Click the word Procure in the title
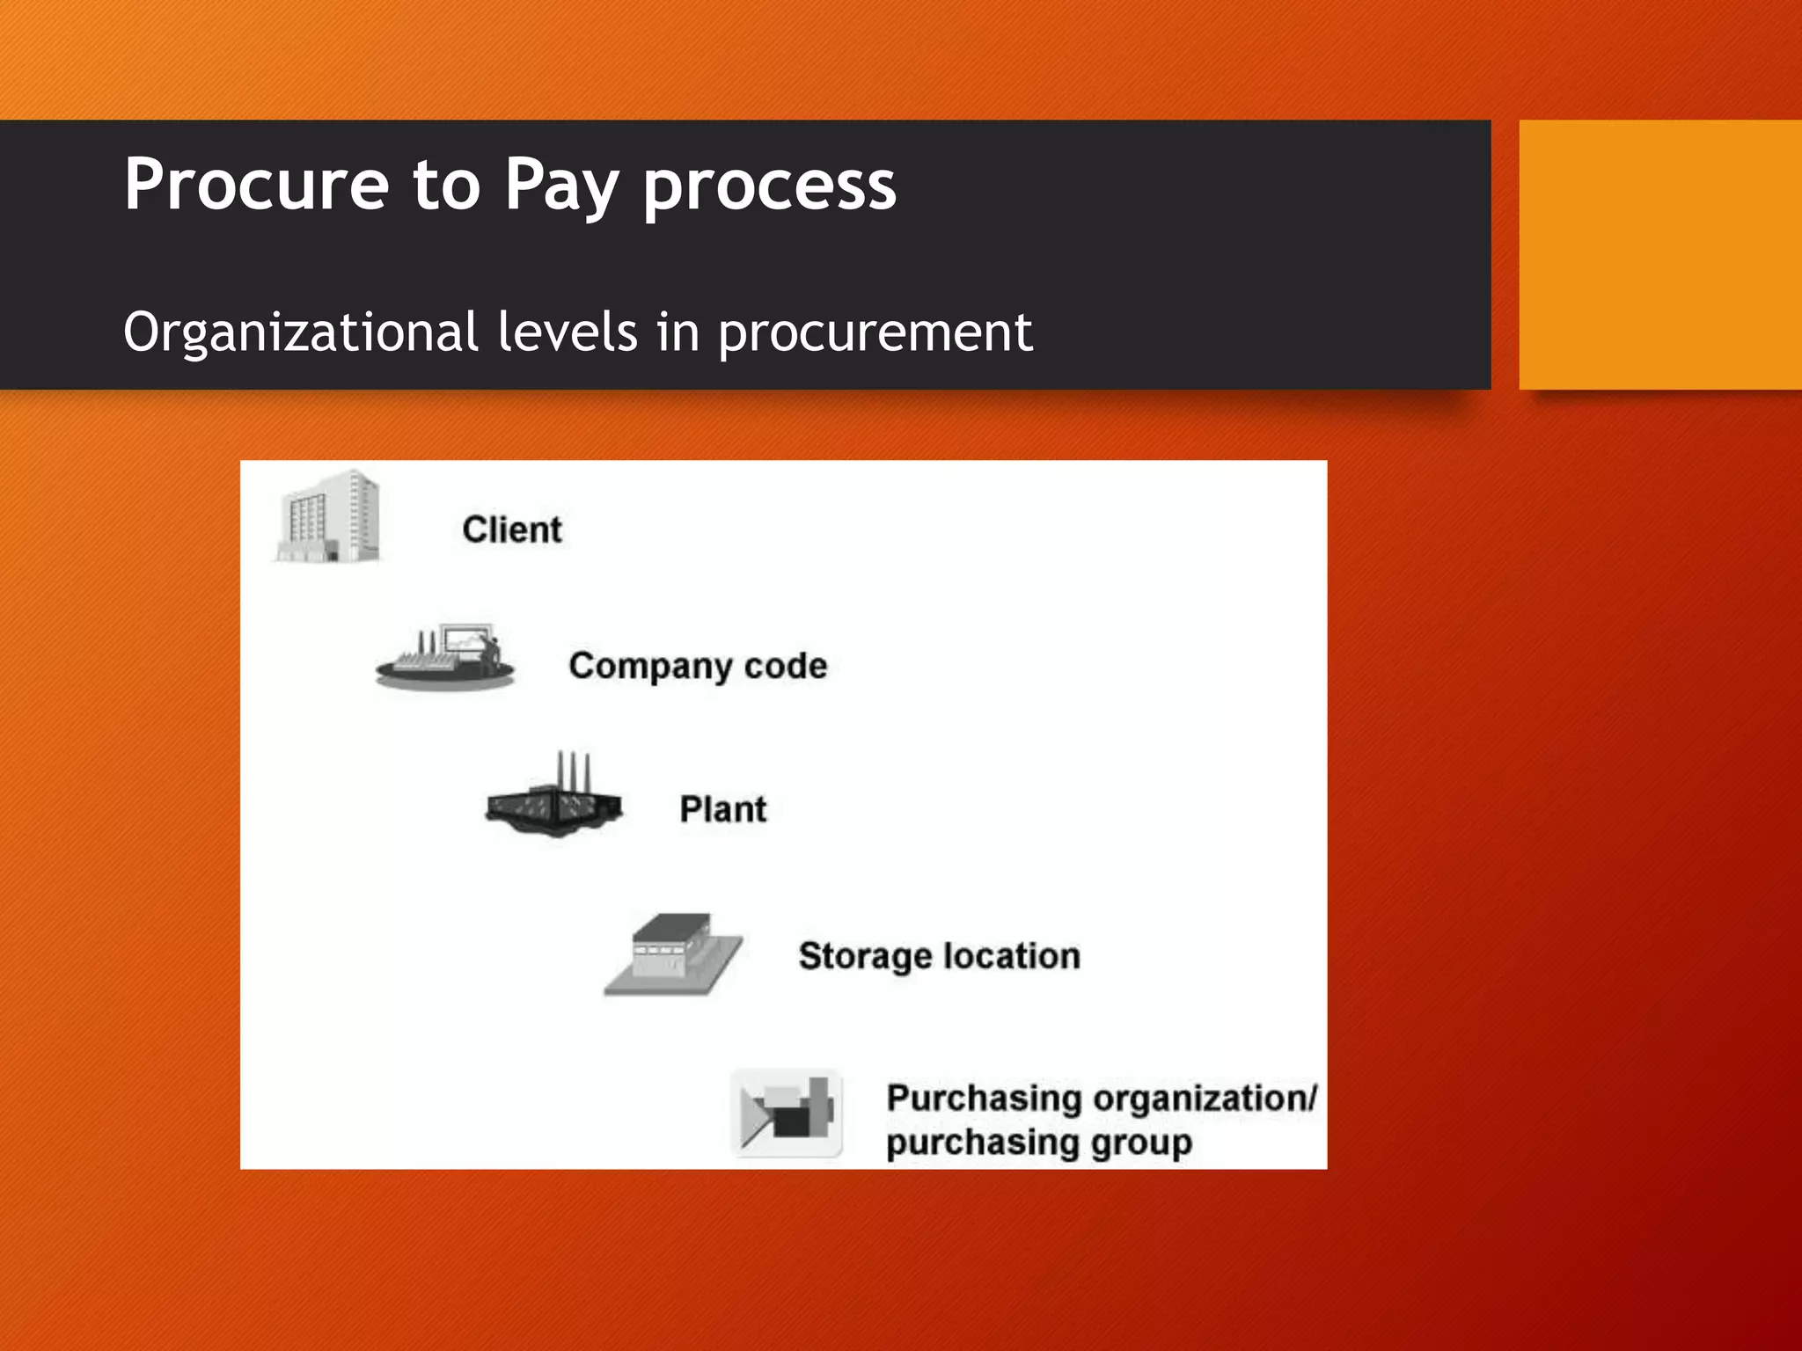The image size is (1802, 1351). (256, 184)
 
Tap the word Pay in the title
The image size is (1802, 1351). (560, 186)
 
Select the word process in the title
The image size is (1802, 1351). (770, 186)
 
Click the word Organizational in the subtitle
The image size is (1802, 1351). (301, 332)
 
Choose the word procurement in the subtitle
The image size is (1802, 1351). (875, 334)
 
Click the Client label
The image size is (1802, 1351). (512, 529)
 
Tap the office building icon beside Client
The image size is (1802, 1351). (328, 517)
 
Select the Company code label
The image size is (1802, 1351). (698, 667)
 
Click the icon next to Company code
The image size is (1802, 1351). (445, 658)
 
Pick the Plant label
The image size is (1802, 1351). (722, 809)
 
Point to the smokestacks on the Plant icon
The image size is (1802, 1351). (573, 770)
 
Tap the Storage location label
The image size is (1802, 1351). (939, 956)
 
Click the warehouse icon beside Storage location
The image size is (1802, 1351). (674, 955)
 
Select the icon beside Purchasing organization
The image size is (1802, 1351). (787, 1114)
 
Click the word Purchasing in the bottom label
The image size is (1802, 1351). (984, 1098)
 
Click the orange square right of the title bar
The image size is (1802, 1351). (1660, 255)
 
